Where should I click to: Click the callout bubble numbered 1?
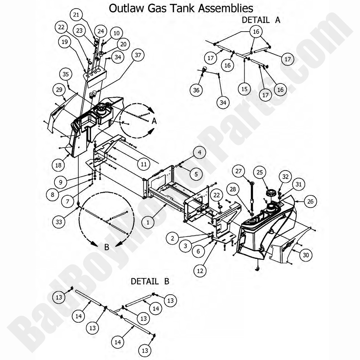[148, 222]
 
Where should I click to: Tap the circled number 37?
[138, 55]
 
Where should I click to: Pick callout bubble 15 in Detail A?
[244, 89]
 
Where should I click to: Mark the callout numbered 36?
[197, 89]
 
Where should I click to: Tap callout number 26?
[310, 201]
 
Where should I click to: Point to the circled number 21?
[76, 15]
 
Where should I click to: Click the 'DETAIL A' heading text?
[261, 20]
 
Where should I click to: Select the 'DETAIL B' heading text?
[150, 282]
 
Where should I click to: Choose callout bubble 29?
[58, 90]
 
